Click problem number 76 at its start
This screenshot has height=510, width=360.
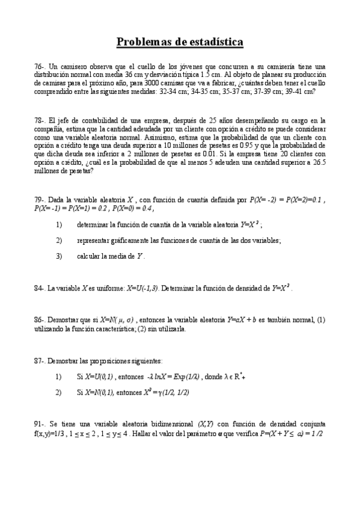39,66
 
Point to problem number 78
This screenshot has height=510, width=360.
39,120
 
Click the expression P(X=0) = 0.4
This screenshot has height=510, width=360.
130,209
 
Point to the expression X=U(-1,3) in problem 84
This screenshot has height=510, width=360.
142,289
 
